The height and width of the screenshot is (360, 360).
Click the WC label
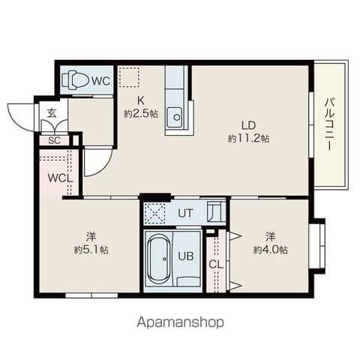pos(100,81)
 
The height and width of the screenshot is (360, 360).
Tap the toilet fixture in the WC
pos(75,80)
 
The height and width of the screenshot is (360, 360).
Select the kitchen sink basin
pos(176,117)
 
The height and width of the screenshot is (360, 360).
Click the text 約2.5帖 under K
pos(141,114)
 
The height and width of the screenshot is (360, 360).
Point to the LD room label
pos(248,125)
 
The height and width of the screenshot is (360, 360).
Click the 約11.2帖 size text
pos(248,138)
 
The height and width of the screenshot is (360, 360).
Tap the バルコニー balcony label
pos(330,124)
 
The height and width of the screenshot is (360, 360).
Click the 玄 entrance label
pos(52,113)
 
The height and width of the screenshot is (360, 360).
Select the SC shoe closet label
pos(54,140)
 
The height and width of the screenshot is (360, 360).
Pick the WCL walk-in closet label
pos(60,178)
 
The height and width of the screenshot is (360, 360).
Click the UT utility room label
pos(186,213)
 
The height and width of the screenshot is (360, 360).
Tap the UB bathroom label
pos(186,256)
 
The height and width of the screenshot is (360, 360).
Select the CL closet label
pos(216,265)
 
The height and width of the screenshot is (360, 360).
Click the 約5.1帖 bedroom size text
pos(91,249)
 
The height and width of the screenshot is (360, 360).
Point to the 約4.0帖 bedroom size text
pos(270,249)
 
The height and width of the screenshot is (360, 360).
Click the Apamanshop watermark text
pos(180,322)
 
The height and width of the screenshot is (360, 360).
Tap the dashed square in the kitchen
pos(129,77)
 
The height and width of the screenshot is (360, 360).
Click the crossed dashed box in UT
pos(155,213)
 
